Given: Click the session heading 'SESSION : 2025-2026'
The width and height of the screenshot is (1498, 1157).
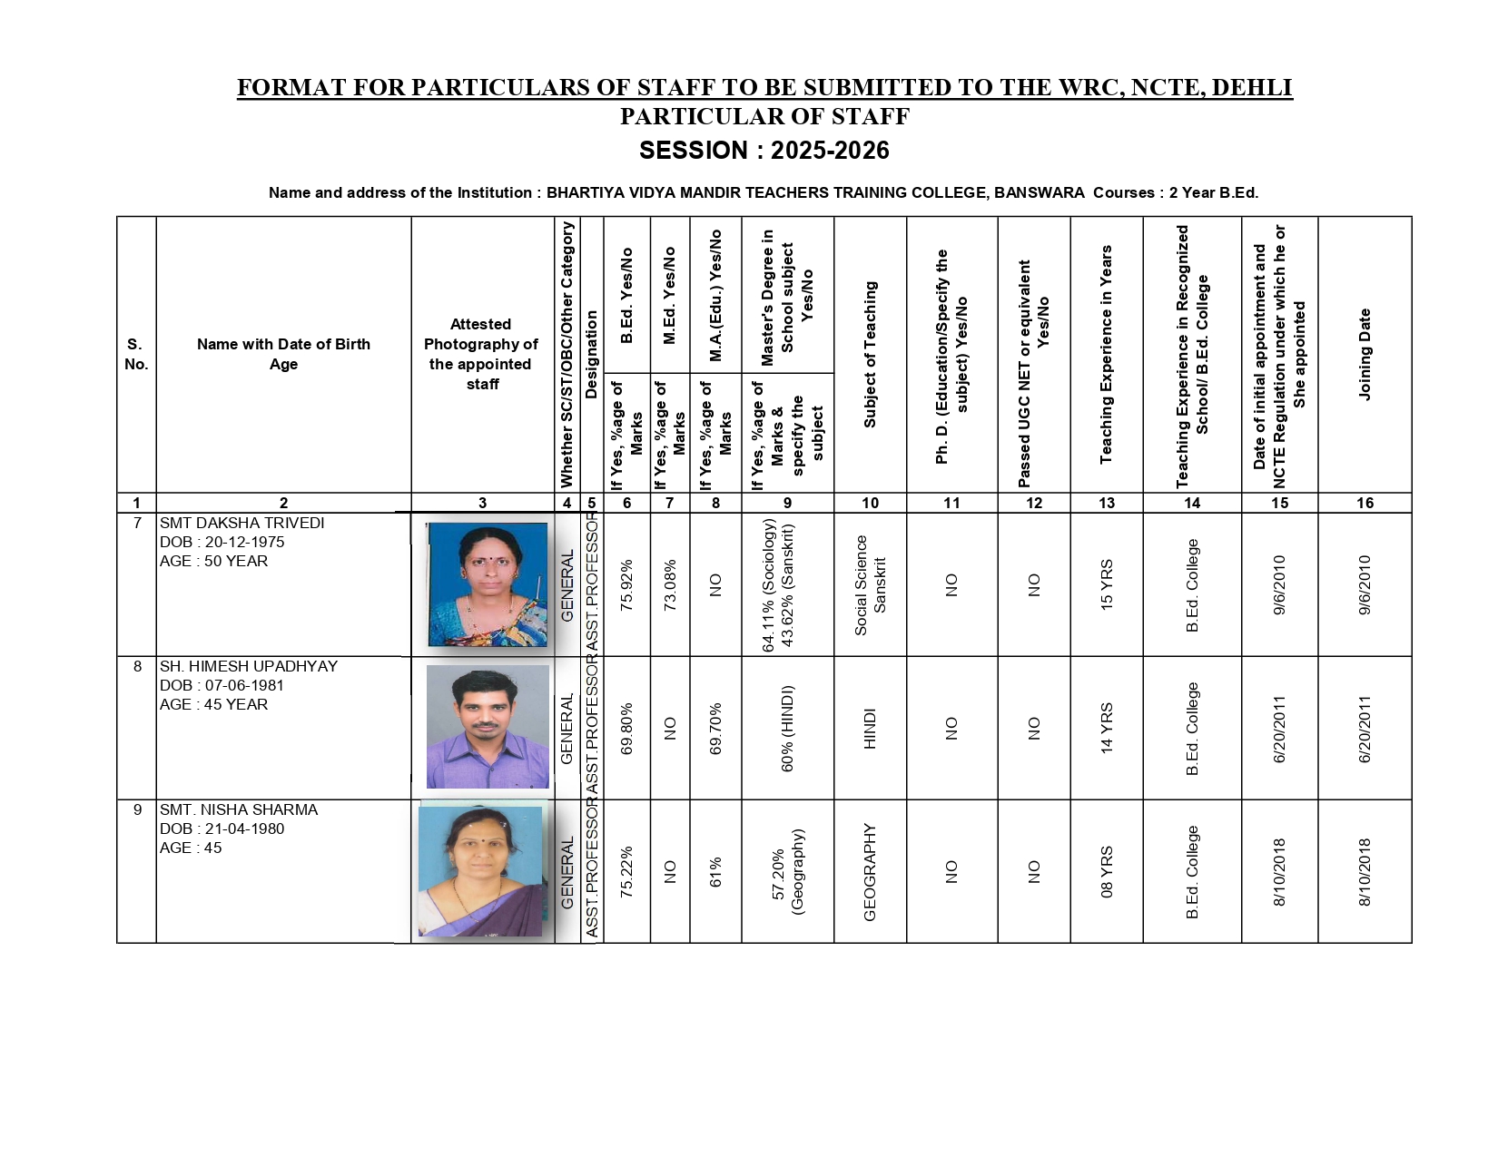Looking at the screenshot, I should (764, 151).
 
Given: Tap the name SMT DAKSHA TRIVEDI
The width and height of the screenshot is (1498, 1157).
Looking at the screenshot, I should (241, 524).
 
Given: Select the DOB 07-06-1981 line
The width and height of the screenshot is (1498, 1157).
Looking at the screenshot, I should (222, 685).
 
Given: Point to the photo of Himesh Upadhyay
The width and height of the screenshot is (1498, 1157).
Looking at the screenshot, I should (488, 727).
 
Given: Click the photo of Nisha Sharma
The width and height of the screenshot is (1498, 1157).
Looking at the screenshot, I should (480, 871).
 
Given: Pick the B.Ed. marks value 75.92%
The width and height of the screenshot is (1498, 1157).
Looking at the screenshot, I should (626, 584).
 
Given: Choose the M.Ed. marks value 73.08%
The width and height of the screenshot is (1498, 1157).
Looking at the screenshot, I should (670, 584).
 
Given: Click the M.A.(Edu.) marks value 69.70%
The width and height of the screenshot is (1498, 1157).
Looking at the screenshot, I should (715, 728).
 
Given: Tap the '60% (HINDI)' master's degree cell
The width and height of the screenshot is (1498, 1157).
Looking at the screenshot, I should (787, 728).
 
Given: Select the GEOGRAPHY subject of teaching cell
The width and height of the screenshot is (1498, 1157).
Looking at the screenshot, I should (870, 871).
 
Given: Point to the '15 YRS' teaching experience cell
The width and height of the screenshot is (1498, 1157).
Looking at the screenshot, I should (1107, 584).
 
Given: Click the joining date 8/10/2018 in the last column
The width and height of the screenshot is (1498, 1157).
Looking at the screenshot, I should (1365, 871).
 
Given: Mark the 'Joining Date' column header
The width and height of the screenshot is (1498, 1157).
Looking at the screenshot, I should (1365, 354).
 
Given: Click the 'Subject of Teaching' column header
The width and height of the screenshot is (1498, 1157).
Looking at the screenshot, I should (870, 354).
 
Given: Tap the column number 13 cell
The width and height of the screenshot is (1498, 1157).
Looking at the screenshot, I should (1107, 503).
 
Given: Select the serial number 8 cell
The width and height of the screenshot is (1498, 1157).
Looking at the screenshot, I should (137, 667).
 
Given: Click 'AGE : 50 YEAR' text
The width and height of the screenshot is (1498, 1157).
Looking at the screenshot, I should (213, 562).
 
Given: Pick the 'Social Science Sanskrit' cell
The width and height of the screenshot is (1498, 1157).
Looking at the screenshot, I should (870, 584).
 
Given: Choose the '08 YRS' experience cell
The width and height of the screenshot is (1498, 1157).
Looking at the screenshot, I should (1107, 871).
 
